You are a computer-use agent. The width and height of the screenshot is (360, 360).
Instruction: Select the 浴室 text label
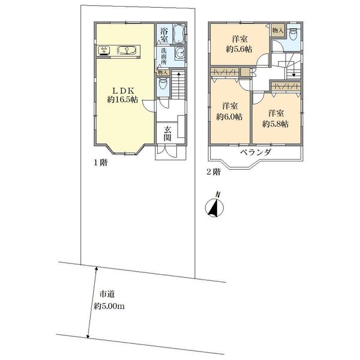click(164, 34)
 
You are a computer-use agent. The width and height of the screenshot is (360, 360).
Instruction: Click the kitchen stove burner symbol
click(104, 51)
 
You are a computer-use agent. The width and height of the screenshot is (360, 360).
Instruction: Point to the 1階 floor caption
click(100, 163)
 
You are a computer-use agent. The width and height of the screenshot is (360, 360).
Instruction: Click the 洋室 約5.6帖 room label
click(239, 45)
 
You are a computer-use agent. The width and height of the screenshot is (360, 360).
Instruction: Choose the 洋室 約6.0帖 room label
click(229, 111)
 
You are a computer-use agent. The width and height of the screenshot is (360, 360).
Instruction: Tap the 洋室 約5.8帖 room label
click(275, 118)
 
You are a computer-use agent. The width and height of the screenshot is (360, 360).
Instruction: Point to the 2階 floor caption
click(212, 172)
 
